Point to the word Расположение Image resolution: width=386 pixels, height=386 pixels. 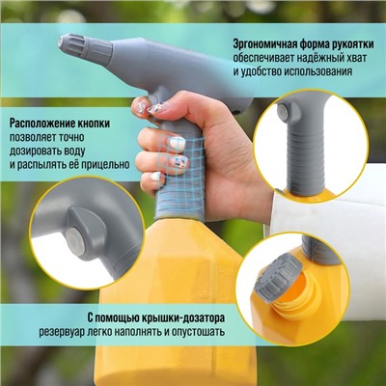click(x=45, y=124)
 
